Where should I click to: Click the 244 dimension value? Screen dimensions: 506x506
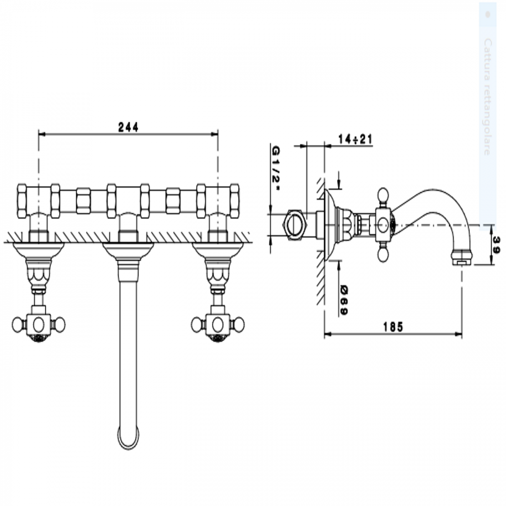(x=128, y=127)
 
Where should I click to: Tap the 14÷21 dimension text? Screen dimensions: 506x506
(x=355, y=139)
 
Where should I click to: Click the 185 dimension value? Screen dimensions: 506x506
(x=393, y=327)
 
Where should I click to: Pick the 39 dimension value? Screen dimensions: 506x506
(x=496, y=246)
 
